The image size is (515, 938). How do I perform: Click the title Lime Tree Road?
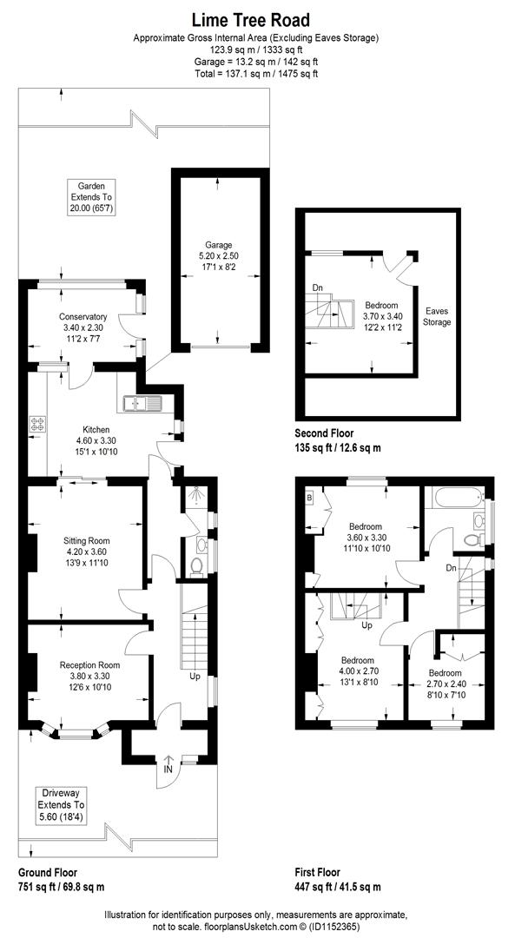coord(256,19)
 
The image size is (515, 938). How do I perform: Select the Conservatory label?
coord(83,316)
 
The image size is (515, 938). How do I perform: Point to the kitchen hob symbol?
coord(38,424)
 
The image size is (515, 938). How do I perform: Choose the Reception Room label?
coord(85,665)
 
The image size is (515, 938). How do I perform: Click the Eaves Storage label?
coord(437,316)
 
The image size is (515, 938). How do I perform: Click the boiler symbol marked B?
coord(310,498)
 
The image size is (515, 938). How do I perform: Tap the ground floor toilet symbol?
coord(197,567)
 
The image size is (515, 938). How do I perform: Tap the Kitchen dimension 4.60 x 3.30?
coord(96,441)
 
